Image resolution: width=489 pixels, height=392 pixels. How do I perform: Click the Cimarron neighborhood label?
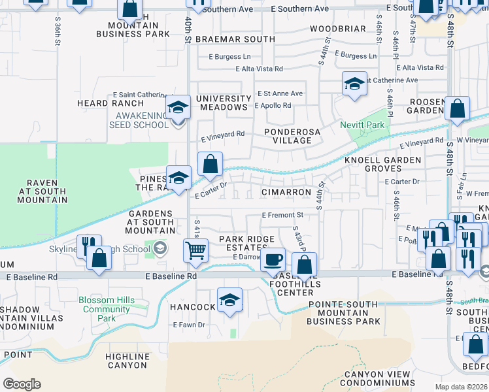pyautogui.click(x=286, y=192)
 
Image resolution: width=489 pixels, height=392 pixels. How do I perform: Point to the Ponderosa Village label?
pyautogui.click(x=292, y=136)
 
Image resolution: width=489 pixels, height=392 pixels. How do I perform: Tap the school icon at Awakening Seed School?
pyautogui.click(x=178, y=106)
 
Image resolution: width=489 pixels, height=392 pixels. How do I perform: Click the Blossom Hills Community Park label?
pyautogui.click(x=107, y=309)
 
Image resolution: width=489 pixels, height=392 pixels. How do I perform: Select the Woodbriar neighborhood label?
pyautogui.click(x=338, y=29)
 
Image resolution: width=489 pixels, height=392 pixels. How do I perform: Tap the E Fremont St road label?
pyautogui.click(x=282, y=215)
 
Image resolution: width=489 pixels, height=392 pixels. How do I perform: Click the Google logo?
pyautogui.click(x=22, y=384)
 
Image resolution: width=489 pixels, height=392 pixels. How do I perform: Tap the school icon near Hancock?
pyautogui.click(x=229, y=300)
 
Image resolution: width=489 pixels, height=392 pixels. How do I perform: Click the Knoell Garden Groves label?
pyautogui.click(x=382, y=164)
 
